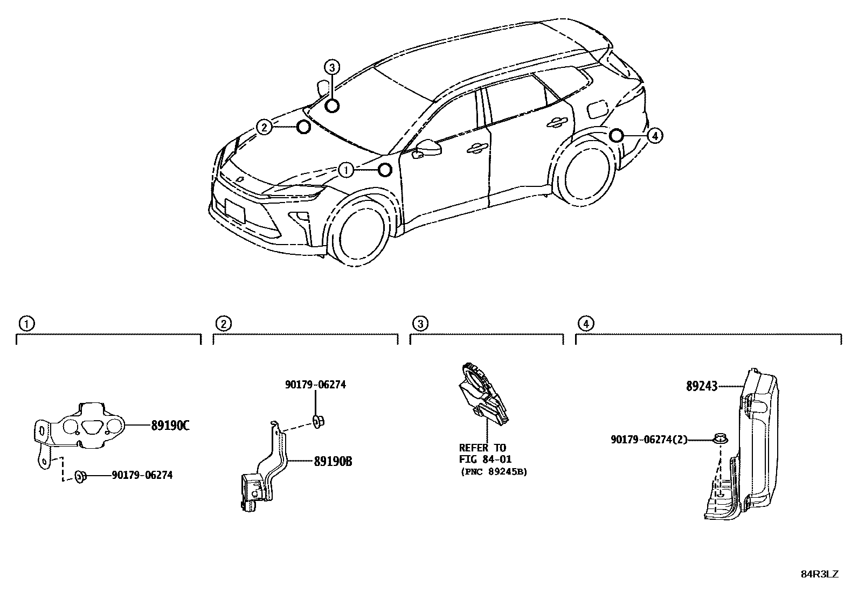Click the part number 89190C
170,426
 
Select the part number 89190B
333,461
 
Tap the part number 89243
702,386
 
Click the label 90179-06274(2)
649,440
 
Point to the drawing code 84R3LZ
819,574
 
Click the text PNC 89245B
494,471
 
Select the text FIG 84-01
485,459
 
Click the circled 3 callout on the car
333,67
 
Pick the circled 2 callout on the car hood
264,128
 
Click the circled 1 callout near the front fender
346,170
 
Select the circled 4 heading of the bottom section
585,324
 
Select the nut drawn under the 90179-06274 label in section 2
317,420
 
